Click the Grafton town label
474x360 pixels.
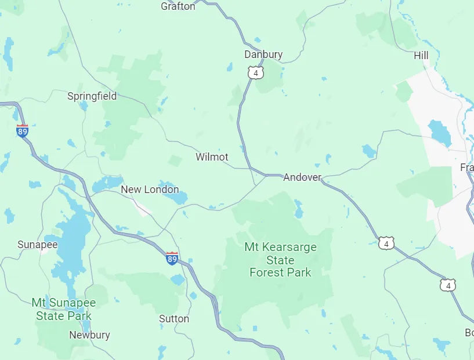pyautogui.click(x=178, y=6)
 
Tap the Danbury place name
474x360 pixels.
pyautogui.click(x=263, y=54)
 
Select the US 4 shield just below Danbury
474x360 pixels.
pyautogui.click(x=255, y=72)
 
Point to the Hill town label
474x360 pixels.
pyautogui.click(x=421, y=56)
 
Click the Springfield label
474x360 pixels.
pyautogui.click(x=92, y=96)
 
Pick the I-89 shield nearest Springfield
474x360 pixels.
pyautogui.click(x=23, y=131)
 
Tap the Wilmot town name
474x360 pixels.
pyautogui.click(x=212, y=157)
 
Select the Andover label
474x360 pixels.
pyautogui.click(x=302, y=177)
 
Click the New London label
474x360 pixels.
pyautogui.click(x=150, y=190)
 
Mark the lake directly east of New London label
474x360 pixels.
pyautogui.click(x=175, y=196)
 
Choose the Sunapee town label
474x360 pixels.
pyautogui.click(x=38, y=245)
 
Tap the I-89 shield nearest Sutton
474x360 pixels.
pyautogui.click(x=172, y=259)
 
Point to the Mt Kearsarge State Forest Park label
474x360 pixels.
pyautogui.click(x=280, y=260)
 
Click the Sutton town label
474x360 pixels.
pyautogui.click(x=174, y=319)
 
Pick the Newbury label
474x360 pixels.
pyautogui.click(x=89, y=335)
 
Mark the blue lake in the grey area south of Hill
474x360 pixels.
pyautogui.click(x=440, y=133)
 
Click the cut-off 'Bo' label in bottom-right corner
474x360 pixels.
pyautogui.click(x=468, y=333)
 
